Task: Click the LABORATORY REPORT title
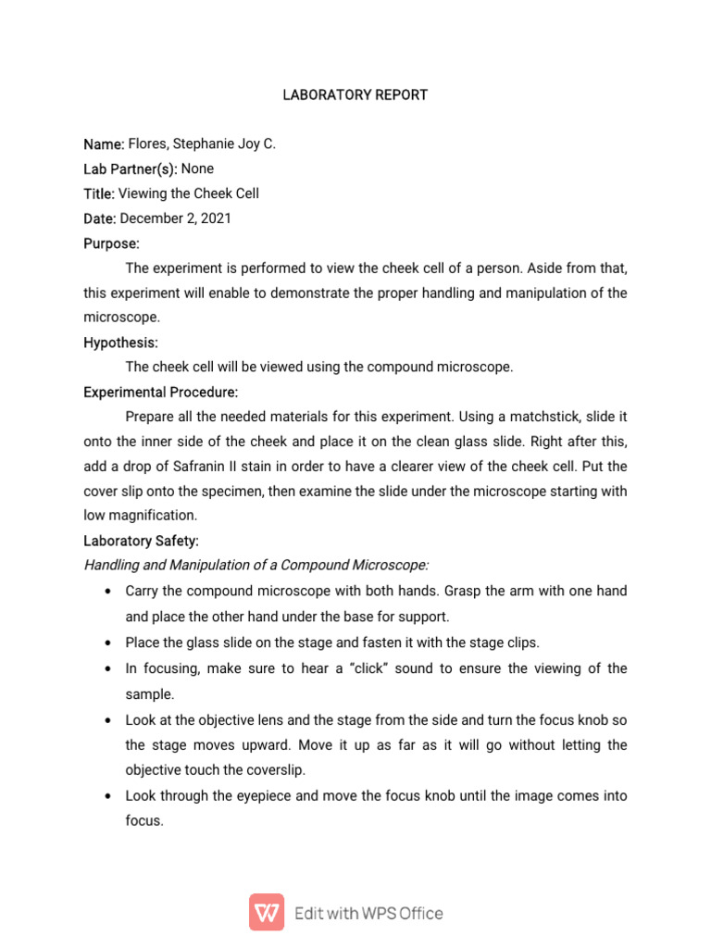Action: pos(355,95)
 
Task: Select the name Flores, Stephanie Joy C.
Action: pos(202,144)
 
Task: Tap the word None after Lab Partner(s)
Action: pos(197,168)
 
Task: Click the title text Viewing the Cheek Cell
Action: pos(189,193)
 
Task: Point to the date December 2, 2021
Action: pos(176,218)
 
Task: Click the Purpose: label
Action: pos(111,243)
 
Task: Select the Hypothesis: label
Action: pos(120,343)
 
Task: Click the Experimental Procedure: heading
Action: pos(160,392)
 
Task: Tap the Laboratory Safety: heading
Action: pos(141,541)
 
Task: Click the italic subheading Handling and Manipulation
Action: pos(256,565)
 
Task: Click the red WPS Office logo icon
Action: pos(267,913)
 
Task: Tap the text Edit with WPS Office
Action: pos(368,914)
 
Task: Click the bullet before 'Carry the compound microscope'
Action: pos(110,591)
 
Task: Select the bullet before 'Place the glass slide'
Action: pos(110,642)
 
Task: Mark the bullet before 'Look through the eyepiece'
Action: pos(110,796)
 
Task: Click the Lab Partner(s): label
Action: pos(131,168)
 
